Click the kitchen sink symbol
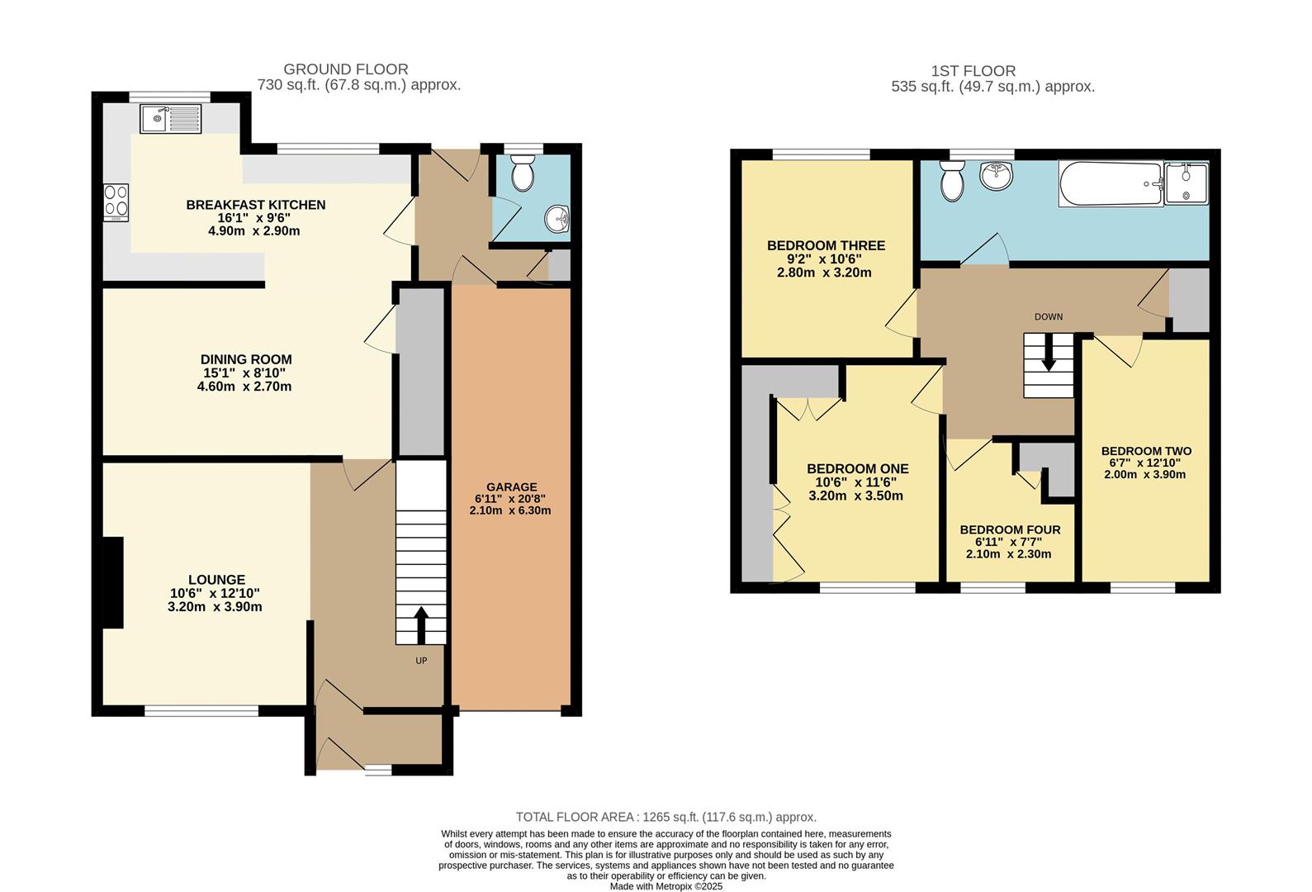click(170, 119)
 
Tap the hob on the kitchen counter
click(116, 202)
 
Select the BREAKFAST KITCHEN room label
click(255, 205)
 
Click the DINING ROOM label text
click(246, 359)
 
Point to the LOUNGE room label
click(216, 580)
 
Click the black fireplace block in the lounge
click(112, 582)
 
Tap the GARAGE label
click(511, 487)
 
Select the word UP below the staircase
click(421, 661)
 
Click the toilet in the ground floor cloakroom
click(522, 174)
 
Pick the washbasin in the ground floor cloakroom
click(557, 219)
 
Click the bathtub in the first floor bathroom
click(1110, 184)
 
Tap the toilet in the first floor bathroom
click(952, 181)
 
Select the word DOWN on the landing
click(1049, 317)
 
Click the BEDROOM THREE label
click(826, 245)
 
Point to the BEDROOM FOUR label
click(1010, 529)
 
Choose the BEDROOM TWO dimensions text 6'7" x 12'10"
click(1146, 463)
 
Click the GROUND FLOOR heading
click(345, 69)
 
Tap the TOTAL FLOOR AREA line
click(665, 817)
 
